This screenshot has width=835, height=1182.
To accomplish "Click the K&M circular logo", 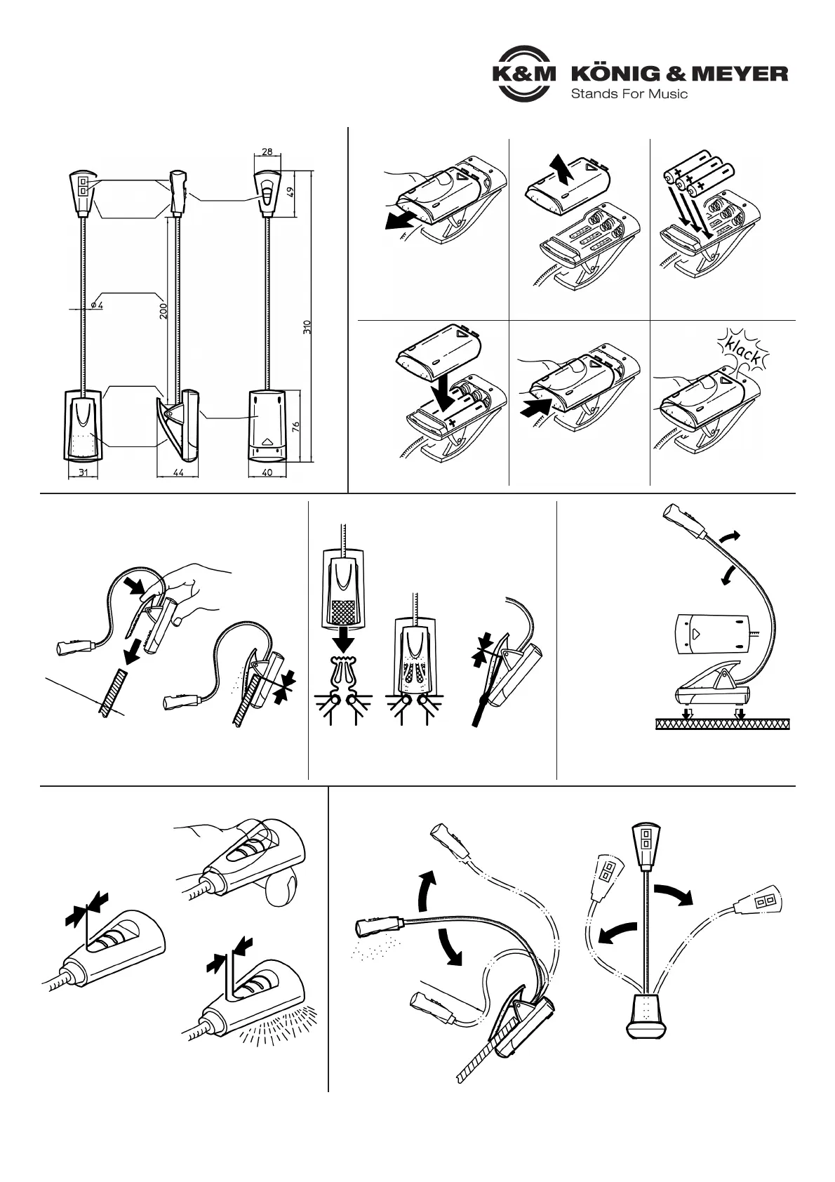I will tap(523, 74).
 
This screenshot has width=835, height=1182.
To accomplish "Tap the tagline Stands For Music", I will tap(629, 93).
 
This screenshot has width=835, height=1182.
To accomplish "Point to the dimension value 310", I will tap(307, 327).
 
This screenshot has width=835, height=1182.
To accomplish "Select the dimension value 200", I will tap(163, 311).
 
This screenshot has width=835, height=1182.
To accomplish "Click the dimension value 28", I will tap(267, 152).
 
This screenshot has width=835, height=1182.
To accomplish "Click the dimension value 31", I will tap(83, 473).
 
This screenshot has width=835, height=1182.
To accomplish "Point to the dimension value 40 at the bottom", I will tap(267, 473).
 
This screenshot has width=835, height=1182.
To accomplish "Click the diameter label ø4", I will tap(98, 305).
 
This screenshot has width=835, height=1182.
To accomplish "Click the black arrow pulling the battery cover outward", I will tap(398, 221).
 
